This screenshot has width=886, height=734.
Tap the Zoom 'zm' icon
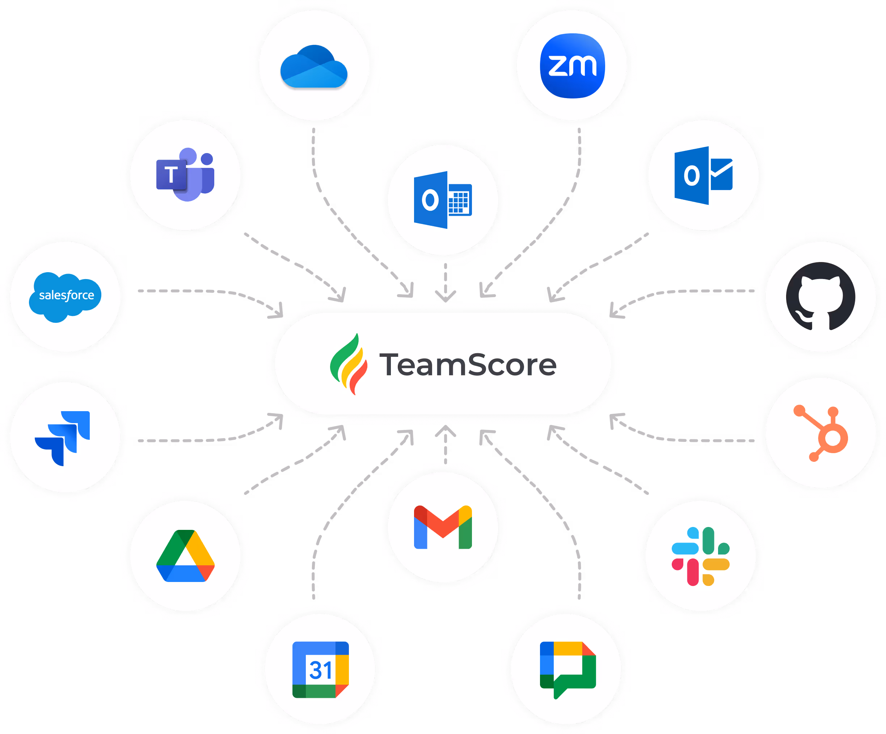click(573, 66)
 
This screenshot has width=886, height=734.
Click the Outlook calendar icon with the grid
click(443, 199)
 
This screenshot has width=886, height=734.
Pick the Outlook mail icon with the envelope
click(703, 175)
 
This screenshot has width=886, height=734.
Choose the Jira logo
click(63, 438)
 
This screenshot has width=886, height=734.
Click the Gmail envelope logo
click(443, 527)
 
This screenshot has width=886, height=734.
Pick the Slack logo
click(700, 556)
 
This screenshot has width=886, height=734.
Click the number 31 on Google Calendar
click(320, 670)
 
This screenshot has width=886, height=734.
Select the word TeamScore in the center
click(468, 365)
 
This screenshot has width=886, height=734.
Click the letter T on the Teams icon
click(171, 175)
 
